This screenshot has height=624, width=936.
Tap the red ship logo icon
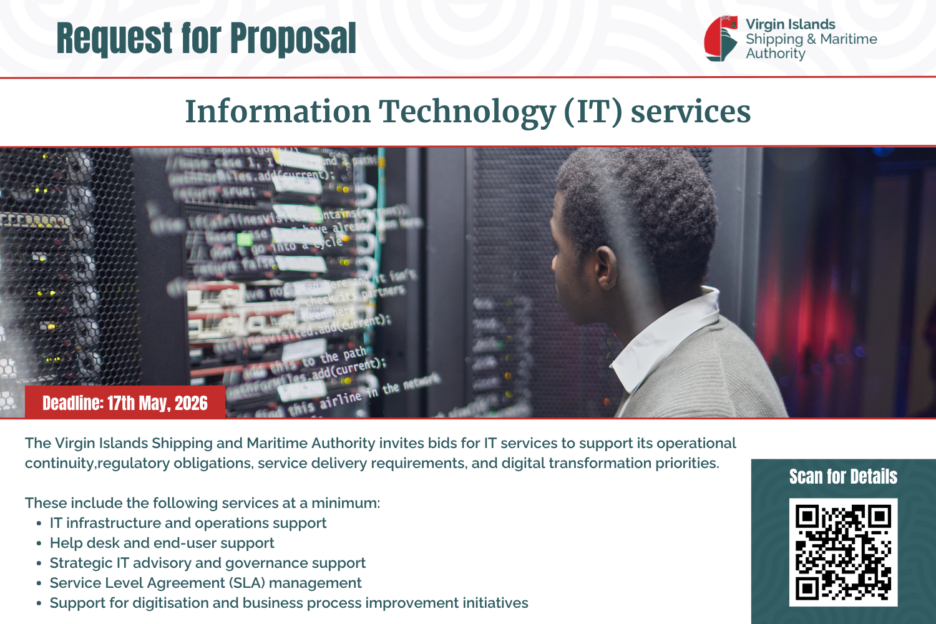(721, 39)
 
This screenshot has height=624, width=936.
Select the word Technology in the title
(467, 112)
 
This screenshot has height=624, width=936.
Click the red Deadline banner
(125, 403)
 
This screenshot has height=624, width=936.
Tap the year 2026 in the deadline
(191, 403)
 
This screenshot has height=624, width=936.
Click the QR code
(843, 552)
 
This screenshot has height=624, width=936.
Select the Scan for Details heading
(843, 477)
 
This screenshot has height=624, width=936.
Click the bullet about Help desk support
(162, 543)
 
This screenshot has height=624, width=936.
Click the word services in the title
(690, 112)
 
